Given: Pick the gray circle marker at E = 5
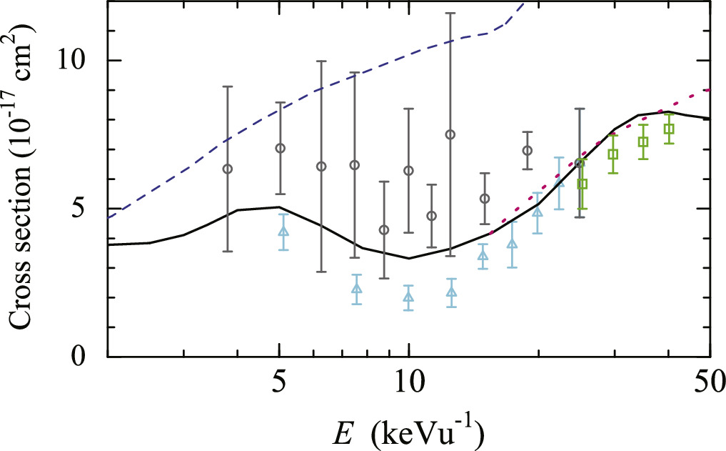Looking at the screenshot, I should click(280, 148).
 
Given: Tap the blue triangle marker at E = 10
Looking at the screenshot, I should click(408, 297).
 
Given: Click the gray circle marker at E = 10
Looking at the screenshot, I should click(408, 170).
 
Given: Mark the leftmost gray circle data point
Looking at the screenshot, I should click(228, 169).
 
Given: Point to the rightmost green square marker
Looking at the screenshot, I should click(669, 129).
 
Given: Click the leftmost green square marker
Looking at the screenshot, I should click(583, 184).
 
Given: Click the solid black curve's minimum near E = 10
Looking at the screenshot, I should click(408, 258).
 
